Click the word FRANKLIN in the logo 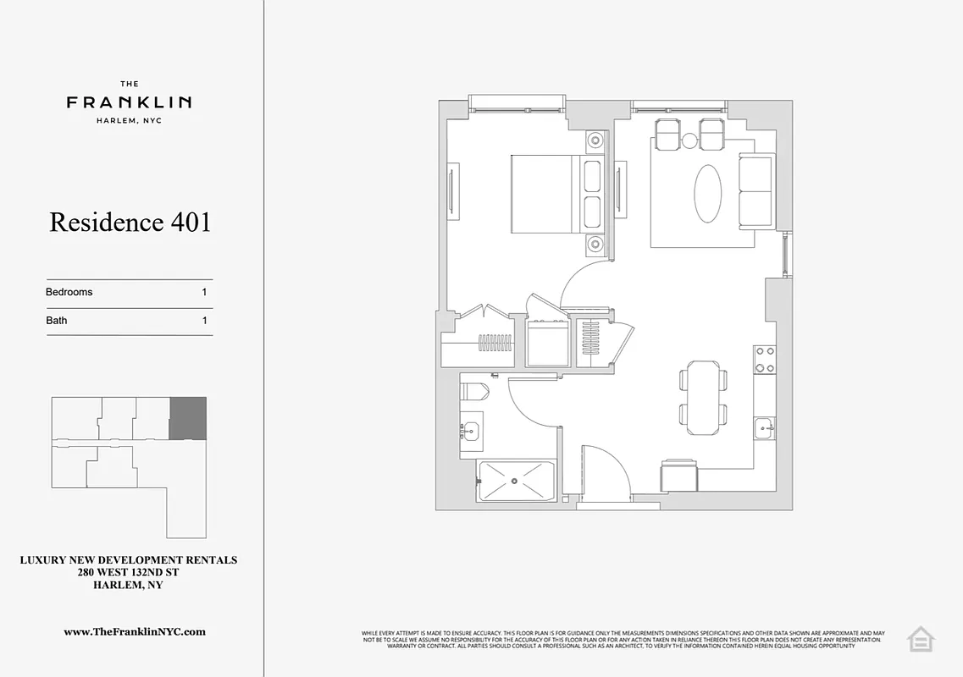[x=129, y=102]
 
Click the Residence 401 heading [x=130, y=223]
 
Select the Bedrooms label [x=69, y=292]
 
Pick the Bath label [x=57, y=321]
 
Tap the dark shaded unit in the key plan [x=187, y=418]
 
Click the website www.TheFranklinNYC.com [x=135, y=631]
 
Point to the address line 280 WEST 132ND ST [x=128, y=573]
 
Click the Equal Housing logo [x=920, y=639]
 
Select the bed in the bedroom [x=546, y=194]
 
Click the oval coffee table [x=708, y=193]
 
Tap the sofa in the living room [x=756, y=191]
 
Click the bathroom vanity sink [x=471, y=431]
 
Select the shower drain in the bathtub [x=514, y=482]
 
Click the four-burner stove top [x=765, y=359]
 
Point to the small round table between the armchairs [x=689, y=140]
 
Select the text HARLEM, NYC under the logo [x=129, y=120]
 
